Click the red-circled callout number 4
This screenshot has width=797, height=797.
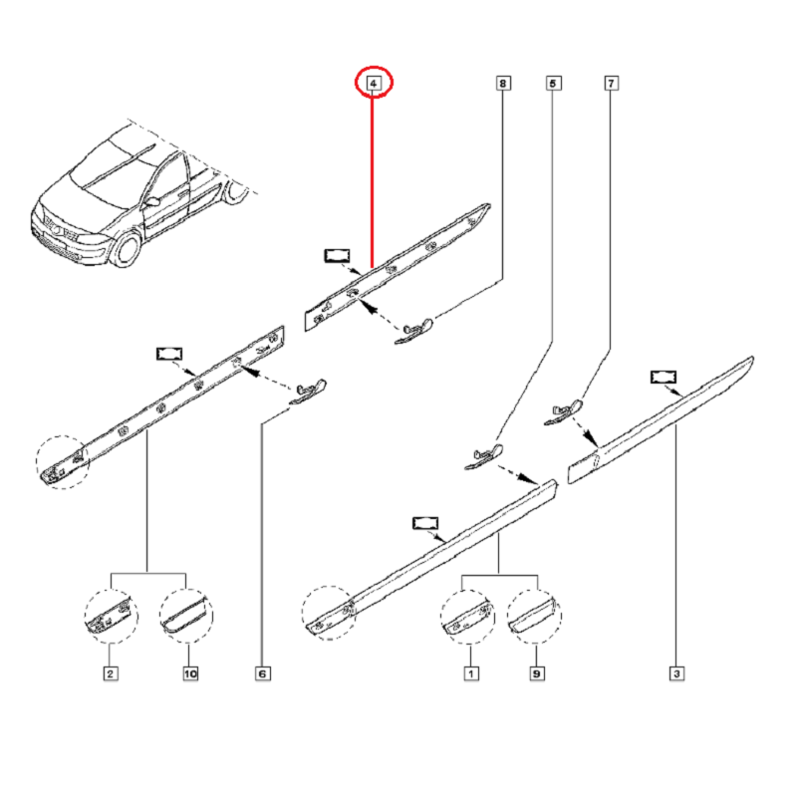374,85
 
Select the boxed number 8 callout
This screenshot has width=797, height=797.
503,85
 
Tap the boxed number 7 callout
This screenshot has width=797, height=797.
611,85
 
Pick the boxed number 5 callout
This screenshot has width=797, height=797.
553,85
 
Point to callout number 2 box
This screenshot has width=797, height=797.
111,674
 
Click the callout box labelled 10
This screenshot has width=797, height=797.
189,674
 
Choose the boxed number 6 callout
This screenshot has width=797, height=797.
263,674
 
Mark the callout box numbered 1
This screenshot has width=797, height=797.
468,674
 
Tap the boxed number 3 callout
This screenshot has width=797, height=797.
676,674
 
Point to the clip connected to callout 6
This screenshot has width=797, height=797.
308,392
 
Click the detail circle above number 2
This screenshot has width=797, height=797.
109,614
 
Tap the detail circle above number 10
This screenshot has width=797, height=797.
186,614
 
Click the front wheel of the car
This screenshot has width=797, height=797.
127,249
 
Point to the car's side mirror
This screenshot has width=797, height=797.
151,201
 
